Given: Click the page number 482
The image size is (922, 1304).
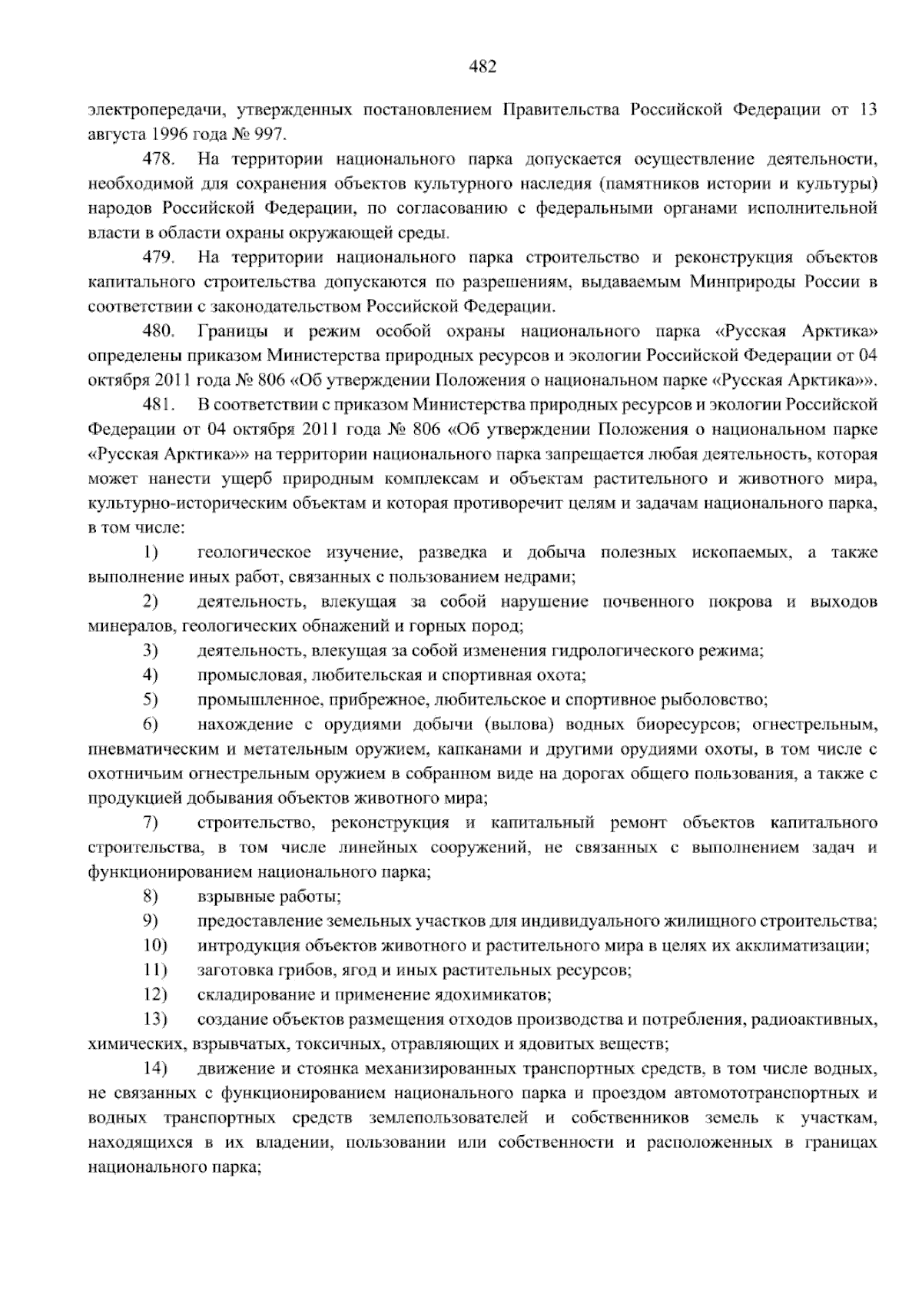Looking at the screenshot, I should [483, 67].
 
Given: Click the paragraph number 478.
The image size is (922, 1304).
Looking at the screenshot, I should [159, 160].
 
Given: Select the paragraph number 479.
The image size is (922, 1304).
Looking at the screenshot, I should [159, 257].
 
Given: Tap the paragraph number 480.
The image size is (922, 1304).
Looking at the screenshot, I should [159, 331].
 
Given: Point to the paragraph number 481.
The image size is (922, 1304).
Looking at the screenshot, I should [159, 405].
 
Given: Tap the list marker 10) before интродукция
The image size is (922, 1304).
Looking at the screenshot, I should [154, 946].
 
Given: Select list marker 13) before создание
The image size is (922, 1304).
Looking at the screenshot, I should [154, 1020].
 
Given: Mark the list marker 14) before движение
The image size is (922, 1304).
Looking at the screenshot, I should [154, 1069].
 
